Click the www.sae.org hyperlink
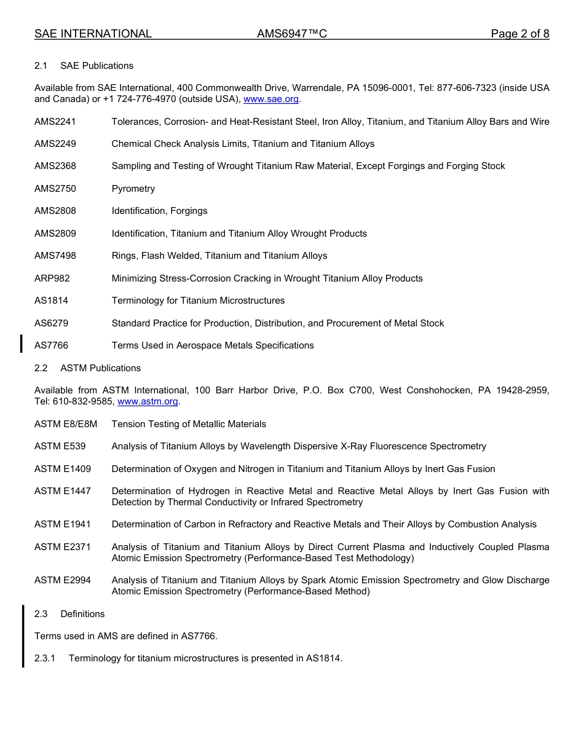click(270, 99)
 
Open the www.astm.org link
click(148, 401)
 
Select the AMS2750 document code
click(55, 189)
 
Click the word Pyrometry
click(133, 189)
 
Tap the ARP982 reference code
click(52, 278)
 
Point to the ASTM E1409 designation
click(63, 469)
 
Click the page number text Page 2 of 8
click(519, 34)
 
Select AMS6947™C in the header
click(291, 34)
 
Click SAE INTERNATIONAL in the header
click(93, 34)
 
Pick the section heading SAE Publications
click(97, 66)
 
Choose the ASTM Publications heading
click(100, 368)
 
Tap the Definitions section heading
click(82, 614)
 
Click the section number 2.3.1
click(45, 658)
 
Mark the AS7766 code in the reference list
click(52, 345)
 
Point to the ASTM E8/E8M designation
click(66, 424)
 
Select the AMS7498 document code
click(55, 256)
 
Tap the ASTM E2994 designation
click(63, 580)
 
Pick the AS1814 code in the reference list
click(52, 301)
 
